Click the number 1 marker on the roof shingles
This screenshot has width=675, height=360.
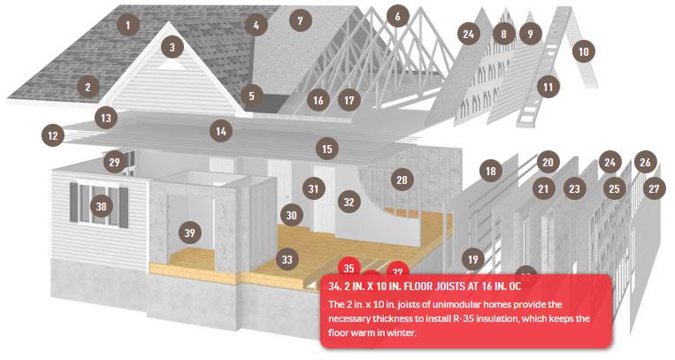pos(128,25)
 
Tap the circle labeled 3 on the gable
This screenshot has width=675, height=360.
pos(173,47)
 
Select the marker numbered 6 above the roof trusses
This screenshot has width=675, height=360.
pos(397,16)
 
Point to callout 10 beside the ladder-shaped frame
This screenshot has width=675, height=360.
pos(583,51)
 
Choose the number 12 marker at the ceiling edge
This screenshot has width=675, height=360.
pos(53,135)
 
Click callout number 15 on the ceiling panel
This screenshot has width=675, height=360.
pos(327,149)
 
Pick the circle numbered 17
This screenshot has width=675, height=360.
pos(349,100)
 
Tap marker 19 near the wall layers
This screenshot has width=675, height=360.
pos(472,259)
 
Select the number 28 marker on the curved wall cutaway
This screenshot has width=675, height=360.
pos(402,180)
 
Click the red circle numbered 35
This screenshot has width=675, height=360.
pos(349,267)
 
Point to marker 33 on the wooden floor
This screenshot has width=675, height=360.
pos(287,259)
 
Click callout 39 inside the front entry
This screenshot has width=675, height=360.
pos(190,233)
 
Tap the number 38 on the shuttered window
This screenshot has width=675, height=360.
pos(101,206)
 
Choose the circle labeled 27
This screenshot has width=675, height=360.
pos(654,188)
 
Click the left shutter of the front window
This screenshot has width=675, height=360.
pos(73,203)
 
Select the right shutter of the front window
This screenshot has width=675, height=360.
pos(124,208)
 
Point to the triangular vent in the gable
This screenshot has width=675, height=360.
pos(171,65)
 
